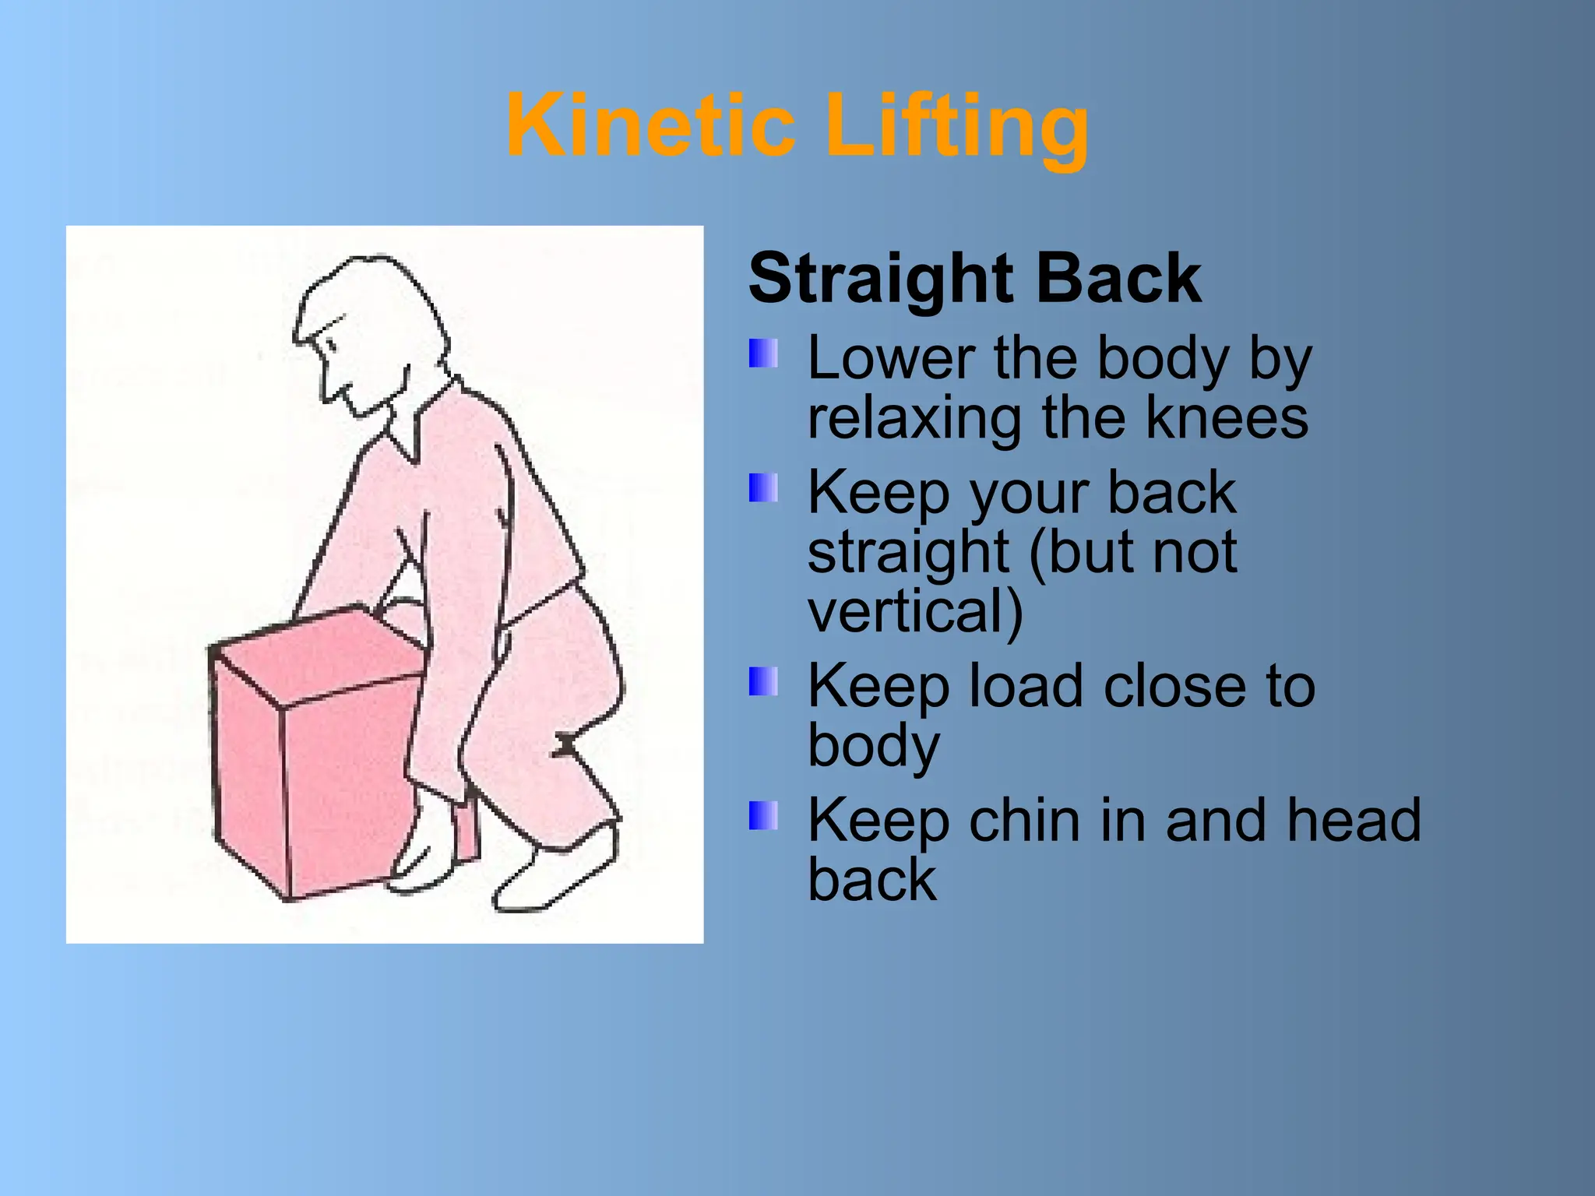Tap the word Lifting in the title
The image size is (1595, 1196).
(956, 127)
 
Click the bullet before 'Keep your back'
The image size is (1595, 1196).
(762, 488)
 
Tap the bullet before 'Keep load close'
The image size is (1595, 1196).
(762, 681)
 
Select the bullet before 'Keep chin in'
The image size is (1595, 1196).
(762, 816)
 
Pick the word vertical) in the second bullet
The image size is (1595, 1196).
(915, 611)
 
